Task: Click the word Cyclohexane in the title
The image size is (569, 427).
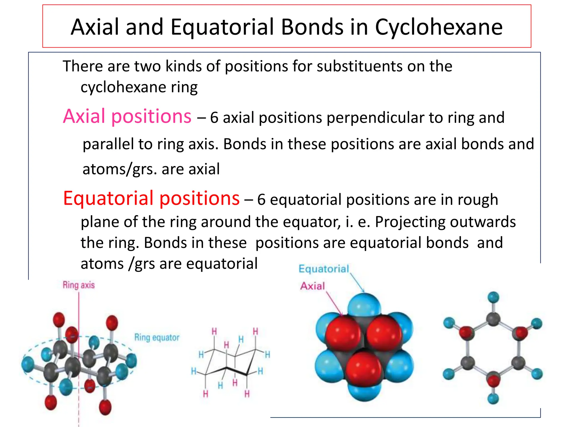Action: pos(439,27)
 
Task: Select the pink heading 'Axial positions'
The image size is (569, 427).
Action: pos(127,116)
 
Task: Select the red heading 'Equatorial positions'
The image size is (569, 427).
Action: pos(151,198)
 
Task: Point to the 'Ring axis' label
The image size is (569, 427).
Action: pos(79,285)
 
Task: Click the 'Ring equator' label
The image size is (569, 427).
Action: pos(157,337)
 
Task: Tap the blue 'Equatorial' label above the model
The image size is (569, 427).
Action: pos(324,269)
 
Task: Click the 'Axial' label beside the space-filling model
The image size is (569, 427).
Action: pos(312,286)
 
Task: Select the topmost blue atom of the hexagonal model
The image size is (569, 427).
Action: pos(493,297)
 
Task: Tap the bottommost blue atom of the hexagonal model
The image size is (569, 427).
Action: pos(493,399)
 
